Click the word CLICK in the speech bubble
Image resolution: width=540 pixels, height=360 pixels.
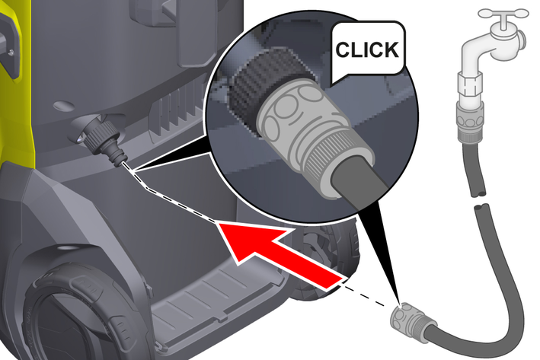point(367,49)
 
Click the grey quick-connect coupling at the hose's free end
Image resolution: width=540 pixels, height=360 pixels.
point(413,320)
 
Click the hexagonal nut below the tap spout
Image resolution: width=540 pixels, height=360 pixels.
point(470,84)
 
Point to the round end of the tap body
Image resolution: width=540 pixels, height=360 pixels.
point(522,39)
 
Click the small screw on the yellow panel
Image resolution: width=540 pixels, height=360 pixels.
point(11,52)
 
